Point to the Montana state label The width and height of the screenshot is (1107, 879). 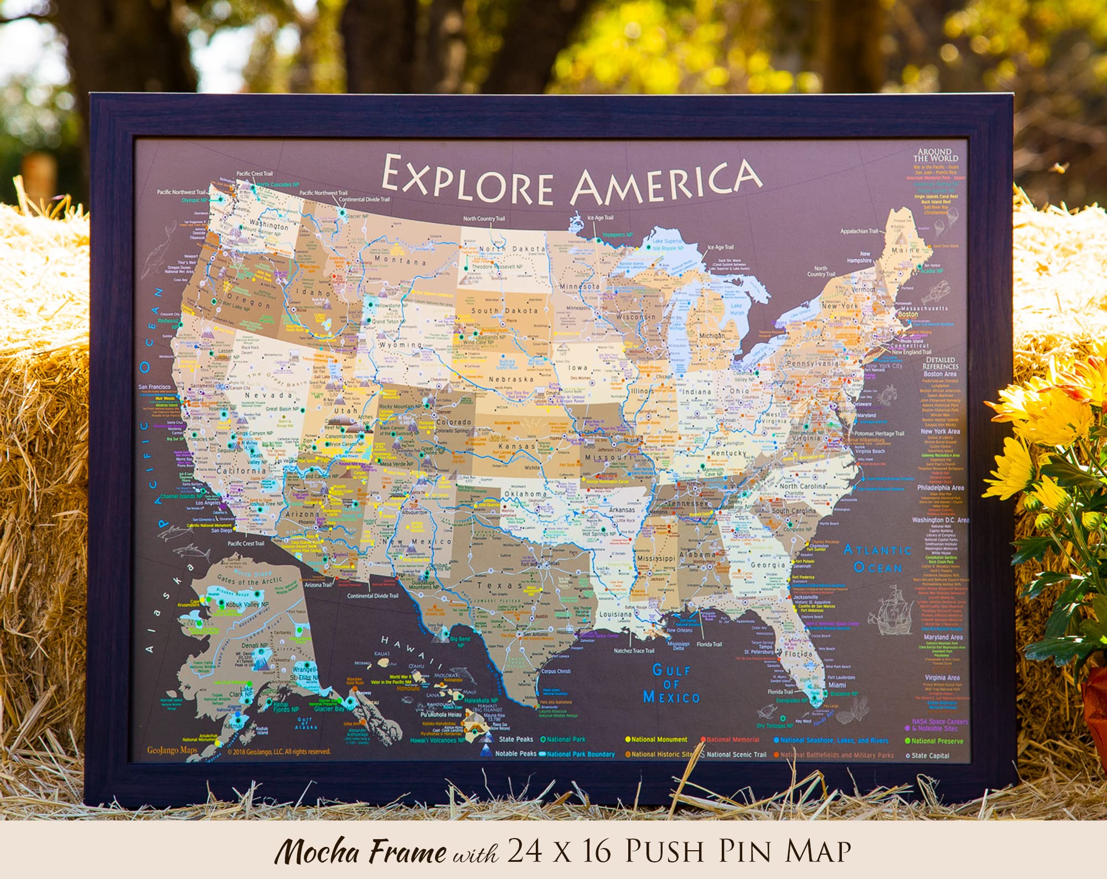tap(400, 260)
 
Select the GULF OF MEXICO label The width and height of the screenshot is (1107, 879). tap(671, 684)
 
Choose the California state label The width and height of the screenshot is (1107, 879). tap(241, 470)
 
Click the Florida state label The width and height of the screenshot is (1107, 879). tap(798, 654)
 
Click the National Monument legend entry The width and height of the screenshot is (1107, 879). tap(659, 740)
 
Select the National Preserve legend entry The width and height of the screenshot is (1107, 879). tap(937, 741)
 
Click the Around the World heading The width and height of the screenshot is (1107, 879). tap(935, 154)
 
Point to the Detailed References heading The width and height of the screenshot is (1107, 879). tap(940, 363)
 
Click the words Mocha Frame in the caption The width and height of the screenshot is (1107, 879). tap(360, 851)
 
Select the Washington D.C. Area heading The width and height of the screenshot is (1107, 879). tap(940, 520)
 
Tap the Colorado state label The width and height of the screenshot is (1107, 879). tap(454, 422)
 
